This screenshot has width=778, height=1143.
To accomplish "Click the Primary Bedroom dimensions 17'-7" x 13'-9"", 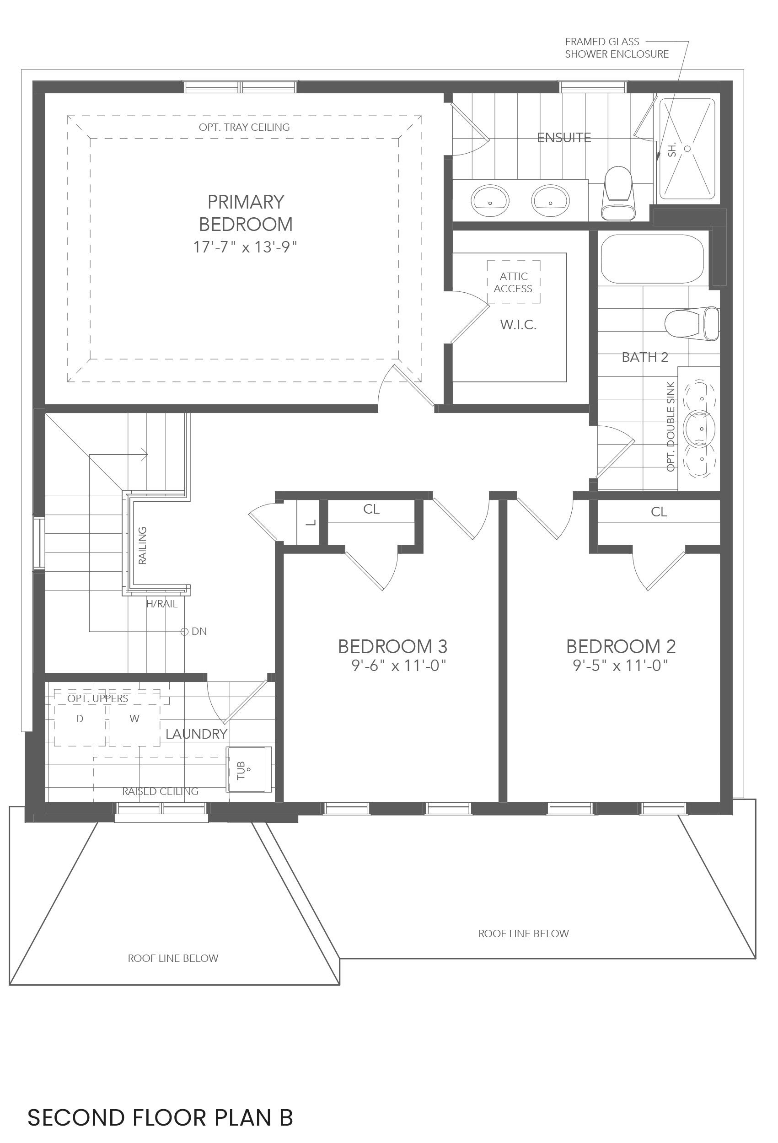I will tap(245, 247).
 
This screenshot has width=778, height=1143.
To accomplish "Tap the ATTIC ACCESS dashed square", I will tap(514, 282).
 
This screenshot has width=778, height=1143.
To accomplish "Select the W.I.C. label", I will tap(518, 325).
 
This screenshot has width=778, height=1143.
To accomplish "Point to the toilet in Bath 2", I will tap(692, 324).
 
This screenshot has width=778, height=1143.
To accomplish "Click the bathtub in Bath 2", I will tap(652, 259).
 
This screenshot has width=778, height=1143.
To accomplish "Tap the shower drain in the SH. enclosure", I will tap(687, 148).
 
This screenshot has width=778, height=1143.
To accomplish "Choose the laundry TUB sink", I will tap(249, 769).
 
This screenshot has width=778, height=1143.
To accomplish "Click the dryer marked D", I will tap(80, 719).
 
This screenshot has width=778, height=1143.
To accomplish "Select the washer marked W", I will tap(134, 719).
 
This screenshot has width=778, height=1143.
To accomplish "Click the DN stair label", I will tap(199, 632).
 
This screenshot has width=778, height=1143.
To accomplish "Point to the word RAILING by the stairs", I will tap(142, 546).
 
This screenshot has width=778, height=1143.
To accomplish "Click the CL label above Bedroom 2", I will tap(659, 512).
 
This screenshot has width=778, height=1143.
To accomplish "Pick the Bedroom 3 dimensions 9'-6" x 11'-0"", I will tap(398, 666).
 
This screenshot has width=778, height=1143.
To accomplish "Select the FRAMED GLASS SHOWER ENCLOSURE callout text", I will tap(616, 48).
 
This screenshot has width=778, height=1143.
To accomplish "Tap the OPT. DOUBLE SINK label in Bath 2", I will tap(671, 426).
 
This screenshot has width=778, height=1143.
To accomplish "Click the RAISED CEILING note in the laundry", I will tap(161, 791).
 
